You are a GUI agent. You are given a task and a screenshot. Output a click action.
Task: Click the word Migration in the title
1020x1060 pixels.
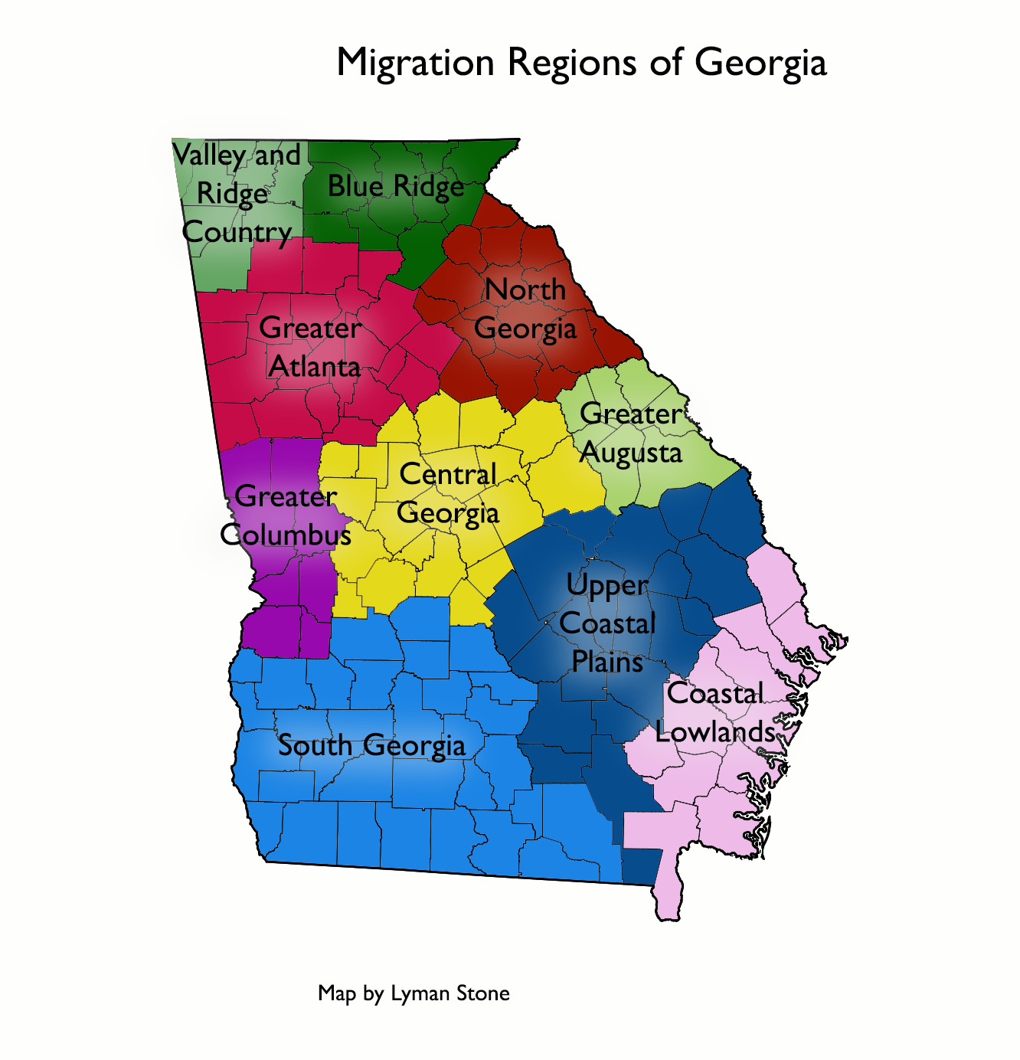415,63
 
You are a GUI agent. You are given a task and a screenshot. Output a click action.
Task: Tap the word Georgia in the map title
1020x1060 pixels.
760,63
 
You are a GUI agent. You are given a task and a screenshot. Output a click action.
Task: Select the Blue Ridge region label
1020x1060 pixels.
395,186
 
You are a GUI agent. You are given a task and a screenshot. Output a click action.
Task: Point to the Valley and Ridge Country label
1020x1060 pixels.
237,193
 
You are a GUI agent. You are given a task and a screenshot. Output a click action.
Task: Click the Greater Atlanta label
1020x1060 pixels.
311,347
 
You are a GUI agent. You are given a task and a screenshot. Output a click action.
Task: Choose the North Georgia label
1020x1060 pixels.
525,309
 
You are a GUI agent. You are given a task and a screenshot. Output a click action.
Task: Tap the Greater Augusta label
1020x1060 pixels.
631,433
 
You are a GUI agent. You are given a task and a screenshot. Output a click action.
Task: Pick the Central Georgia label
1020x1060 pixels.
448,494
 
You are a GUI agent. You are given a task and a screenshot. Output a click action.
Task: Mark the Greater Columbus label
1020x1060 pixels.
286,515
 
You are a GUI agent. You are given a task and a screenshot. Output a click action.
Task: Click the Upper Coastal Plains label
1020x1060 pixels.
607,623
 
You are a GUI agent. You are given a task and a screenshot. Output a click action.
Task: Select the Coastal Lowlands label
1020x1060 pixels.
715,712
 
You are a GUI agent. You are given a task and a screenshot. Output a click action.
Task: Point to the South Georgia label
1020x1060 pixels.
371,745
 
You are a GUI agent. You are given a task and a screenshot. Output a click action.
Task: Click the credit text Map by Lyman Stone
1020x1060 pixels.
414,993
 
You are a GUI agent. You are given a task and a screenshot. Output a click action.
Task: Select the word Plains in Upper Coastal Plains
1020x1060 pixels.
607,662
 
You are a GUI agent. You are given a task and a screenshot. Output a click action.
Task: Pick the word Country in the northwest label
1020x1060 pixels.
237,232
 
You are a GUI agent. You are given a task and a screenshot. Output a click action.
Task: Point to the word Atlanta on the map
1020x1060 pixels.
314,366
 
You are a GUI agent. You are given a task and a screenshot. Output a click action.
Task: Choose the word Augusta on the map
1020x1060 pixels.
631,453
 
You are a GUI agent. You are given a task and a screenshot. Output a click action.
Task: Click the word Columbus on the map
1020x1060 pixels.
286,535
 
